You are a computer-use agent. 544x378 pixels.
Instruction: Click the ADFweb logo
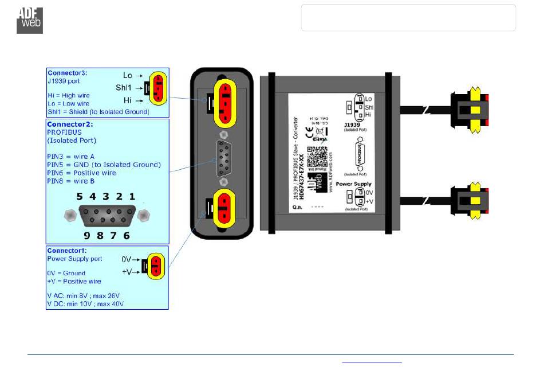pos(29,20)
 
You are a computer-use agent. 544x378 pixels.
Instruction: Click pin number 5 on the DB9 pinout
pos(80,196)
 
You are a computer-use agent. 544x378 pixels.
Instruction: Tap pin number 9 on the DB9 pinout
pos(86,235)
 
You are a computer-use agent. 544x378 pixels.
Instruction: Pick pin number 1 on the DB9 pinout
pos(132,196)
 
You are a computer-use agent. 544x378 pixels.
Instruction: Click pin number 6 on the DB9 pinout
pos(126,235)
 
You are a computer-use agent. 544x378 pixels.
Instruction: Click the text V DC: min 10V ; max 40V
pos(85,303)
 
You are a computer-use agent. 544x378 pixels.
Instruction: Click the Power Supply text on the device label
pos(353,184)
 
